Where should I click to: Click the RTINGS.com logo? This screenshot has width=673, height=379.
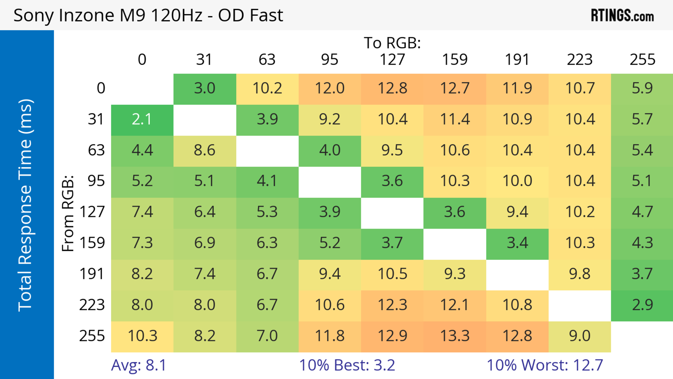(622, 15)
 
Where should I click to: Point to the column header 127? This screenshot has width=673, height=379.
(392, 60)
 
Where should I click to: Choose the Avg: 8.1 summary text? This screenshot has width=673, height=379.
(138, 365)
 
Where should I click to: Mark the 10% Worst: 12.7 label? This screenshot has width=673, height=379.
(545, 365)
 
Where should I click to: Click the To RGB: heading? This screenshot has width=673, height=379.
(392, 43)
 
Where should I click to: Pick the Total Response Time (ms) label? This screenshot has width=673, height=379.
(25, 205)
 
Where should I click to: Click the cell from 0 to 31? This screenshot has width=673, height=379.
(205, 89)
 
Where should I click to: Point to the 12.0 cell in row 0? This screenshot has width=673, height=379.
(330, 89)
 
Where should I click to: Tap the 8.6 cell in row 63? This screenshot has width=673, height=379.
(205, 150)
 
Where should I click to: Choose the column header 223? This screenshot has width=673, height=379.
(580, 60)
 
